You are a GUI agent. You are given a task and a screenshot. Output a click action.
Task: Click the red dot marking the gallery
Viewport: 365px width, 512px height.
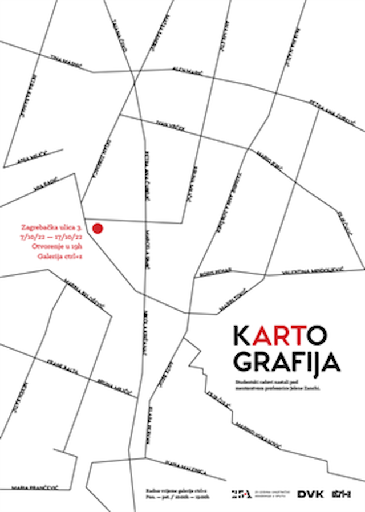(x=97, y=229)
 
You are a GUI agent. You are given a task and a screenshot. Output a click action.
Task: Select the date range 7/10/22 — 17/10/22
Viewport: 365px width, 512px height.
(x=52, y=236)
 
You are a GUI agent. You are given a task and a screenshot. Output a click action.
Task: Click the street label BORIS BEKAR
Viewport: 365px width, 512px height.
(x=215, y=273)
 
